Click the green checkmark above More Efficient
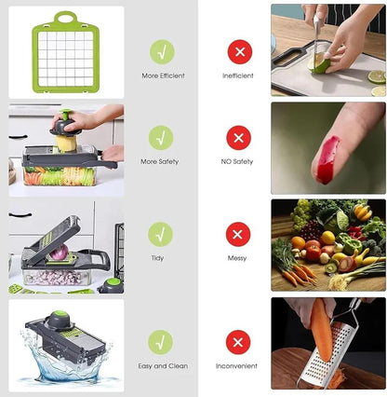tap(161, 51)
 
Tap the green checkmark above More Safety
tap(161, 138)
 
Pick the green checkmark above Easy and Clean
tap(161, 342)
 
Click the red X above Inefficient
tap(238, 51)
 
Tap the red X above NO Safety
tap(238, 138)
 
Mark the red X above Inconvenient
tap(238, 342)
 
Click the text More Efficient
tap(162, 75)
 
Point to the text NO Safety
tap(238, 161)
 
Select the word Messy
tap(237, 258)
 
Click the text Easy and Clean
tap(162, 366)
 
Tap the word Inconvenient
tap(238, 366)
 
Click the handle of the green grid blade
tap(65, 18)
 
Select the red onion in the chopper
tap(60, 253)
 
